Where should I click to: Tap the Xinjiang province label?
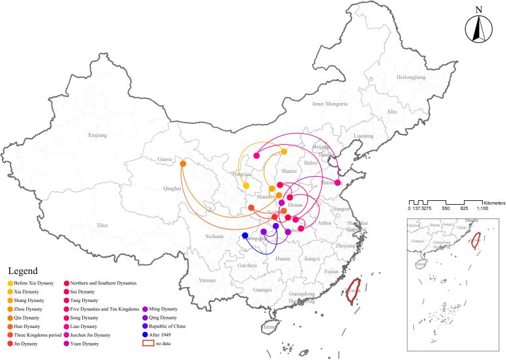point(96,135)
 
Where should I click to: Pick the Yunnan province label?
point(207,279)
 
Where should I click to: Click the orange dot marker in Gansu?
point(183,164)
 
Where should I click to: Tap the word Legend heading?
point(23,270)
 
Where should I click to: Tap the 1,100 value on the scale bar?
point(483,208)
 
